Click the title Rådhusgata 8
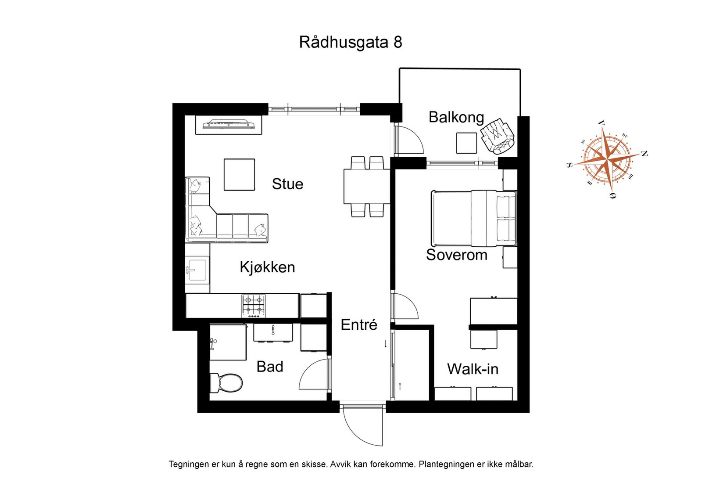350,42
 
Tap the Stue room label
287,184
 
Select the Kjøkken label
267,267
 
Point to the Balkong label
456,117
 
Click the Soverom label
456,255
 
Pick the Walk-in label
473,369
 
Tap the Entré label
359,325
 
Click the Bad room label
270,367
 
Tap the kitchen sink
197,269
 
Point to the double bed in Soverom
473,218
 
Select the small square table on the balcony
466,143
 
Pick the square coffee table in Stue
239,175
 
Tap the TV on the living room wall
229,124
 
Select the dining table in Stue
366,186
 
